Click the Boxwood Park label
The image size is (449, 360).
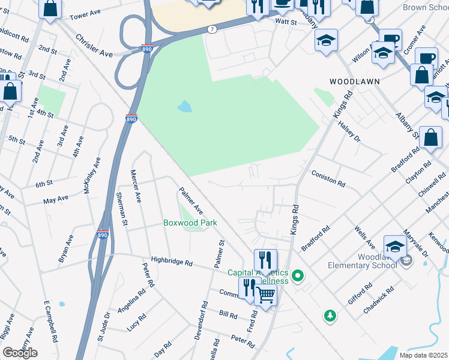[190, 223]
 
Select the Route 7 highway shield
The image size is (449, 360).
[212, 29]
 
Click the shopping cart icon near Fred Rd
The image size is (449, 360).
[266, 295]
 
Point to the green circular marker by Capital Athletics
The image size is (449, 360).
[297, 276]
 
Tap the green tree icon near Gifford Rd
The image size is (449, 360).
[330, 315]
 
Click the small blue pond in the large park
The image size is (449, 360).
[184, 107]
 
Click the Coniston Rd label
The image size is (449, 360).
[328, 178]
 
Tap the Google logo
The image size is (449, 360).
[20, 352]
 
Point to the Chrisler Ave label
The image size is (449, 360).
[94, 46]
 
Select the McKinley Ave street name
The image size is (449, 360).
[95, 174]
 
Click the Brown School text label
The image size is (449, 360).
[424, 8]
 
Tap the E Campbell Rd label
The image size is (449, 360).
[50, 329]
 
